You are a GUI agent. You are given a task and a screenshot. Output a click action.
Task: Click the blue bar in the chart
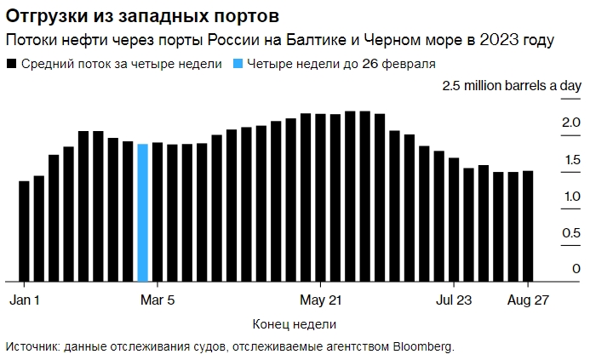142,213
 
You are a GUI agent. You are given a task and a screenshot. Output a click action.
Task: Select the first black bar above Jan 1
24,231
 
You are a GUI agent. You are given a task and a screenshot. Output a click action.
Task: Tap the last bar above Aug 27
528,226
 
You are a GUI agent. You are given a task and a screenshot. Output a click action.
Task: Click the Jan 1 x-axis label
26,300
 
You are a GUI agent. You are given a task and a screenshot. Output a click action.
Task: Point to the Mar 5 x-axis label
158,300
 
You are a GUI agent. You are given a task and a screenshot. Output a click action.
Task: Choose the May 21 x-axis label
321,300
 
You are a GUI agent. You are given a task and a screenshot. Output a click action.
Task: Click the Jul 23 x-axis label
454,300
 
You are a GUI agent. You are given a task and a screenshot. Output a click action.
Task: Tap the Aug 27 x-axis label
526,300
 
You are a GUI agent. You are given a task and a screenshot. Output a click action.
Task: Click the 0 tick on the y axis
576,269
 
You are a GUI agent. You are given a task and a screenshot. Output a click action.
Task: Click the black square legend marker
11,64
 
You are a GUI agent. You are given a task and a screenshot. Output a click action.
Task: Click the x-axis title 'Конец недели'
295,324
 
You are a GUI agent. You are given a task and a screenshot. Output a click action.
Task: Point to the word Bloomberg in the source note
423,346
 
